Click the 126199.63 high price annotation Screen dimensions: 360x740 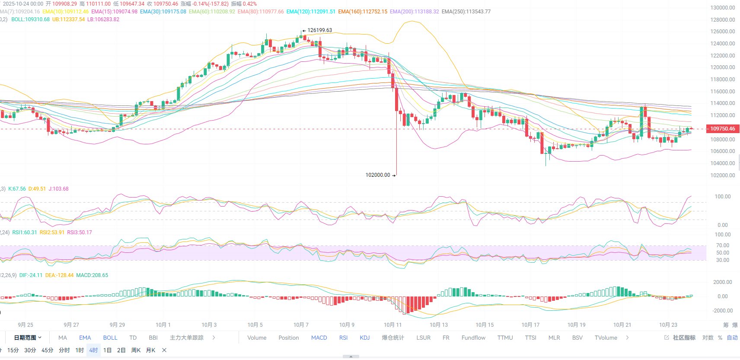pos(319,30)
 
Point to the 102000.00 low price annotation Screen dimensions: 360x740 pos(378,175)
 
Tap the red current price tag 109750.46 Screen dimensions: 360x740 pos(722,129)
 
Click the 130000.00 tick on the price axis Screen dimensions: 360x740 pos(722,8)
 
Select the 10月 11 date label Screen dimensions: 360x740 pos(392,325)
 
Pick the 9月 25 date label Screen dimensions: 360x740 pos(26,325)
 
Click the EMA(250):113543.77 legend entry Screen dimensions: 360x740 pos(466,12)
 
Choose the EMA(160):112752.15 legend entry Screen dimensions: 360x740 pos(363,12)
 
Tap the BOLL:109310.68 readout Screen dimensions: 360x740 pos(30,19)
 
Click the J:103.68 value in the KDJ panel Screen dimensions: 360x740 pos(58,189)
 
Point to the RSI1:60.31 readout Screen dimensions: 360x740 pos(25,233)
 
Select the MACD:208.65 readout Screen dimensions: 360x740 pos(92,275)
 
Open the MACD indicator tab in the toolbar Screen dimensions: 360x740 pos(319,338)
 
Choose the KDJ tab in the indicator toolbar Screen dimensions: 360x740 pos(365,338)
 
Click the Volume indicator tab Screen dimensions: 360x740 pos(257,338)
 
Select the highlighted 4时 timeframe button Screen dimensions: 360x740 pos(94,350)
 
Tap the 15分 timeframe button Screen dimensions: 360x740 pos(13,350)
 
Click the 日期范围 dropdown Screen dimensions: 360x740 pos(28,338)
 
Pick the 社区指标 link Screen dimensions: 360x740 pos(684,338)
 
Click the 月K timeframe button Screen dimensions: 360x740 pos(150,350)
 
